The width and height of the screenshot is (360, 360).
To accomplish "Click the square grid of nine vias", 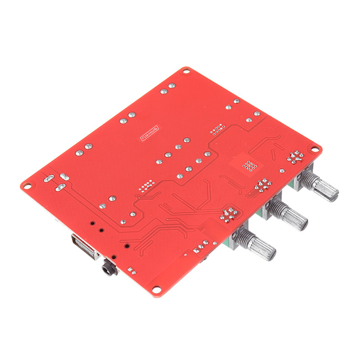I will (249, 166).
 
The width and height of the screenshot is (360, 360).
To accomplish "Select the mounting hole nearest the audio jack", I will (157, 290).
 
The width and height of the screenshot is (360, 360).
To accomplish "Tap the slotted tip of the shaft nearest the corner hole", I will (333, 193).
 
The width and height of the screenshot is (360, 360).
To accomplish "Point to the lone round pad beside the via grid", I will (282, 171).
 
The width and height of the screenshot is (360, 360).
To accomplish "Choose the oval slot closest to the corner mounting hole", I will (49, 178).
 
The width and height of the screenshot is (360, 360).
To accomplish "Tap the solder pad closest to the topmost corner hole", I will (171, 85).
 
